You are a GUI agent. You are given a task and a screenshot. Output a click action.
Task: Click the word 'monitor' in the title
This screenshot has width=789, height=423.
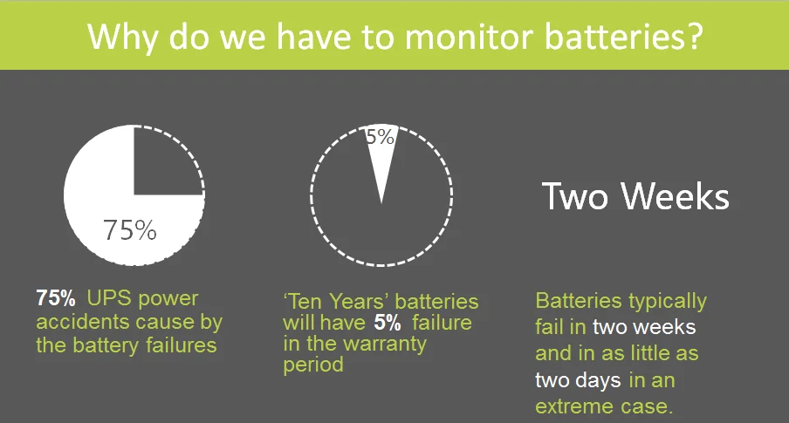(469, 37)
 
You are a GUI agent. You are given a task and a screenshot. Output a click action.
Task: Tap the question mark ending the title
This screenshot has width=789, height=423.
(694, 36)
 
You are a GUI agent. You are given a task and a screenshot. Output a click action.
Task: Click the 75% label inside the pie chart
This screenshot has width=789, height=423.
(130, 230)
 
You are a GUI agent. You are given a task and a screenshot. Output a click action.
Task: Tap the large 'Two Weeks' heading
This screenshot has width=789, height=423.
(635, 196)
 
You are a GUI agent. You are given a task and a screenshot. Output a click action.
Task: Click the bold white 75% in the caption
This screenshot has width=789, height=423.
(55, 298)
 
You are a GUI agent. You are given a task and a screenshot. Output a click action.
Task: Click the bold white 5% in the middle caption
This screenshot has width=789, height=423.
(388, 323)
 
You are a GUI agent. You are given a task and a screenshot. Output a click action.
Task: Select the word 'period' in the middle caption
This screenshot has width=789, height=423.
(313, 365)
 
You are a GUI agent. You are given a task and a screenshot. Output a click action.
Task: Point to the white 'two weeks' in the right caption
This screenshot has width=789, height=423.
(644, 327)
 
